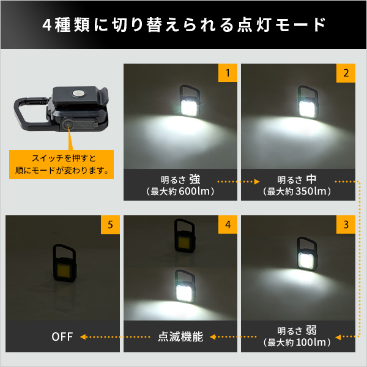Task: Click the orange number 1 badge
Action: (228, 73)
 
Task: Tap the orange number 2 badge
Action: (346, 73)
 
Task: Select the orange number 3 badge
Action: (346, 224)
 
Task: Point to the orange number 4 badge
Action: (228, 224)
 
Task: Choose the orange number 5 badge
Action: (110, 224)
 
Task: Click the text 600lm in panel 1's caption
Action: (194, 191)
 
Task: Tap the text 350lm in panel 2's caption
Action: (311, 191)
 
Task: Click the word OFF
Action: (62, 336)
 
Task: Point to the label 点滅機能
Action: (180, 336)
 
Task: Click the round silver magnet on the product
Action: (78, 93)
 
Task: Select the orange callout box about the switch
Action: (61, 165)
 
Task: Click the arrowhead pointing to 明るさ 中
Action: (257, 182)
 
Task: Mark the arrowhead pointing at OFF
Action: (83, 337)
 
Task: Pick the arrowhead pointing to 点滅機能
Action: (212, 337)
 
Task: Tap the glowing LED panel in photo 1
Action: (188, 108)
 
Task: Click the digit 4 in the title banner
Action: (47, 25)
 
